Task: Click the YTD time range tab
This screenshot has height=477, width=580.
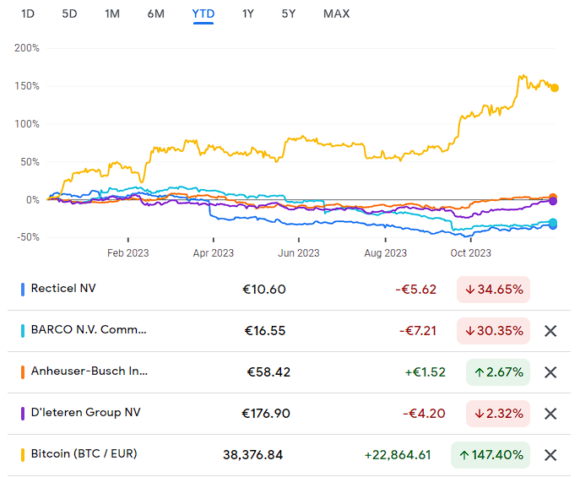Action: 203,14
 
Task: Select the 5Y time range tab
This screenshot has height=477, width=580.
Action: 289,14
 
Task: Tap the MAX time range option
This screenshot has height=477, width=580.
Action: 336,14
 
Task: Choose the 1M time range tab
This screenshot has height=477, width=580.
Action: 112,14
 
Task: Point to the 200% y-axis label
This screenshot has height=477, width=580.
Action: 27,48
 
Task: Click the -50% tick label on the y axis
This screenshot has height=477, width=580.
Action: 28,237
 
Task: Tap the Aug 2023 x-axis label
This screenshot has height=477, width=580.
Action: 386,253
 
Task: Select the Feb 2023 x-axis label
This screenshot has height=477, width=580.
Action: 128,253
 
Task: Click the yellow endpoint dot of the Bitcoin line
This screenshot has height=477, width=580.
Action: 555,88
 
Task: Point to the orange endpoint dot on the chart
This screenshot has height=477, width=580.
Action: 553,198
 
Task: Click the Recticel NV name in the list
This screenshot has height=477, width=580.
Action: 63,288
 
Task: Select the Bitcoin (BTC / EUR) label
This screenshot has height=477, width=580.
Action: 84,453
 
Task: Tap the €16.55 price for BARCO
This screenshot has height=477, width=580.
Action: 265,331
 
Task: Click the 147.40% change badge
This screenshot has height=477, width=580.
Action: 491,455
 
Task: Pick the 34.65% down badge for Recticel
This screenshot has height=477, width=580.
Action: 493,290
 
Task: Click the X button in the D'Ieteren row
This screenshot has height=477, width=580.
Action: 550,414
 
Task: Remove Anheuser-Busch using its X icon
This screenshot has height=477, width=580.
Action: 550,372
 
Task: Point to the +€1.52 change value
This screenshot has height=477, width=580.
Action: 425,372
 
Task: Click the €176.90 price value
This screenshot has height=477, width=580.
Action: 266,414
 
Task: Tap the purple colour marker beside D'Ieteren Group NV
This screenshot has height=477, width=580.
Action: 23,414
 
